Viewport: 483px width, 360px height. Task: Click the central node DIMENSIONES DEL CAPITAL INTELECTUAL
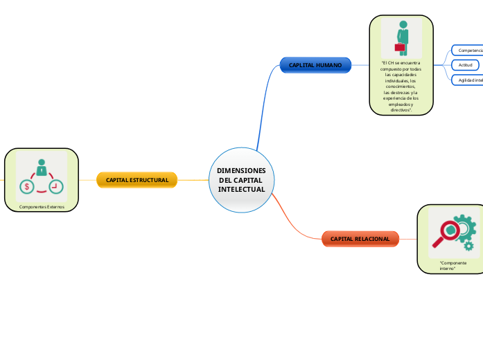241,180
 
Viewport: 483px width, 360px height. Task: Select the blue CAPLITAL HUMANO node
315,65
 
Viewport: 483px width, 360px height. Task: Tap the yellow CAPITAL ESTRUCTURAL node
137,180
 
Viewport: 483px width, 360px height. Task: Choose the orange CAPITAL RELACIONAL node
360,239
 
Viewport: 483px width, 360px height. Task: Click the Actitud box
466,65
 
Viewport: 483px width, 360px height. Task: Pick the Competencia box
468,51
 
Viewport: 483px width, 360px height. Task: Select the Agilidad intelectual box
469,80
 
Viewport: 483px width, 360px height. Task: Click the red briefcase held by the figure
399,48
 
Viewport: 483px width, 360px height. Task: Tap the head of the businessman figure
403,25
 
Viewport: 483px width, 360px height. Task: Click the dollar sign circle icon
27,186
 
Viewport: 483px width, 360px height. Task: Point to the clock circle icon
56,186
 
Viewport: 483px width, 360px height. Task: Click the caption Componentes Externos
42,206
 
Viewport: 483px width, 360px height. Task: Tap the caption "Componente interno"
453,266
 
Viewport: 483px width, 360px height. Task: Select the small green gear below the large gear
469,246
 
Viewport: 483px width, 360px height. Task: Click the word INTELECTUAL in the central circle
241,190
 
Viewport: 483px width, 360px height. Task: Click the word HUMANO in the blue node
328,65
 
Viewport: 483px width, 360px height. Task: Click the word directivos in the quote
401,110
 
